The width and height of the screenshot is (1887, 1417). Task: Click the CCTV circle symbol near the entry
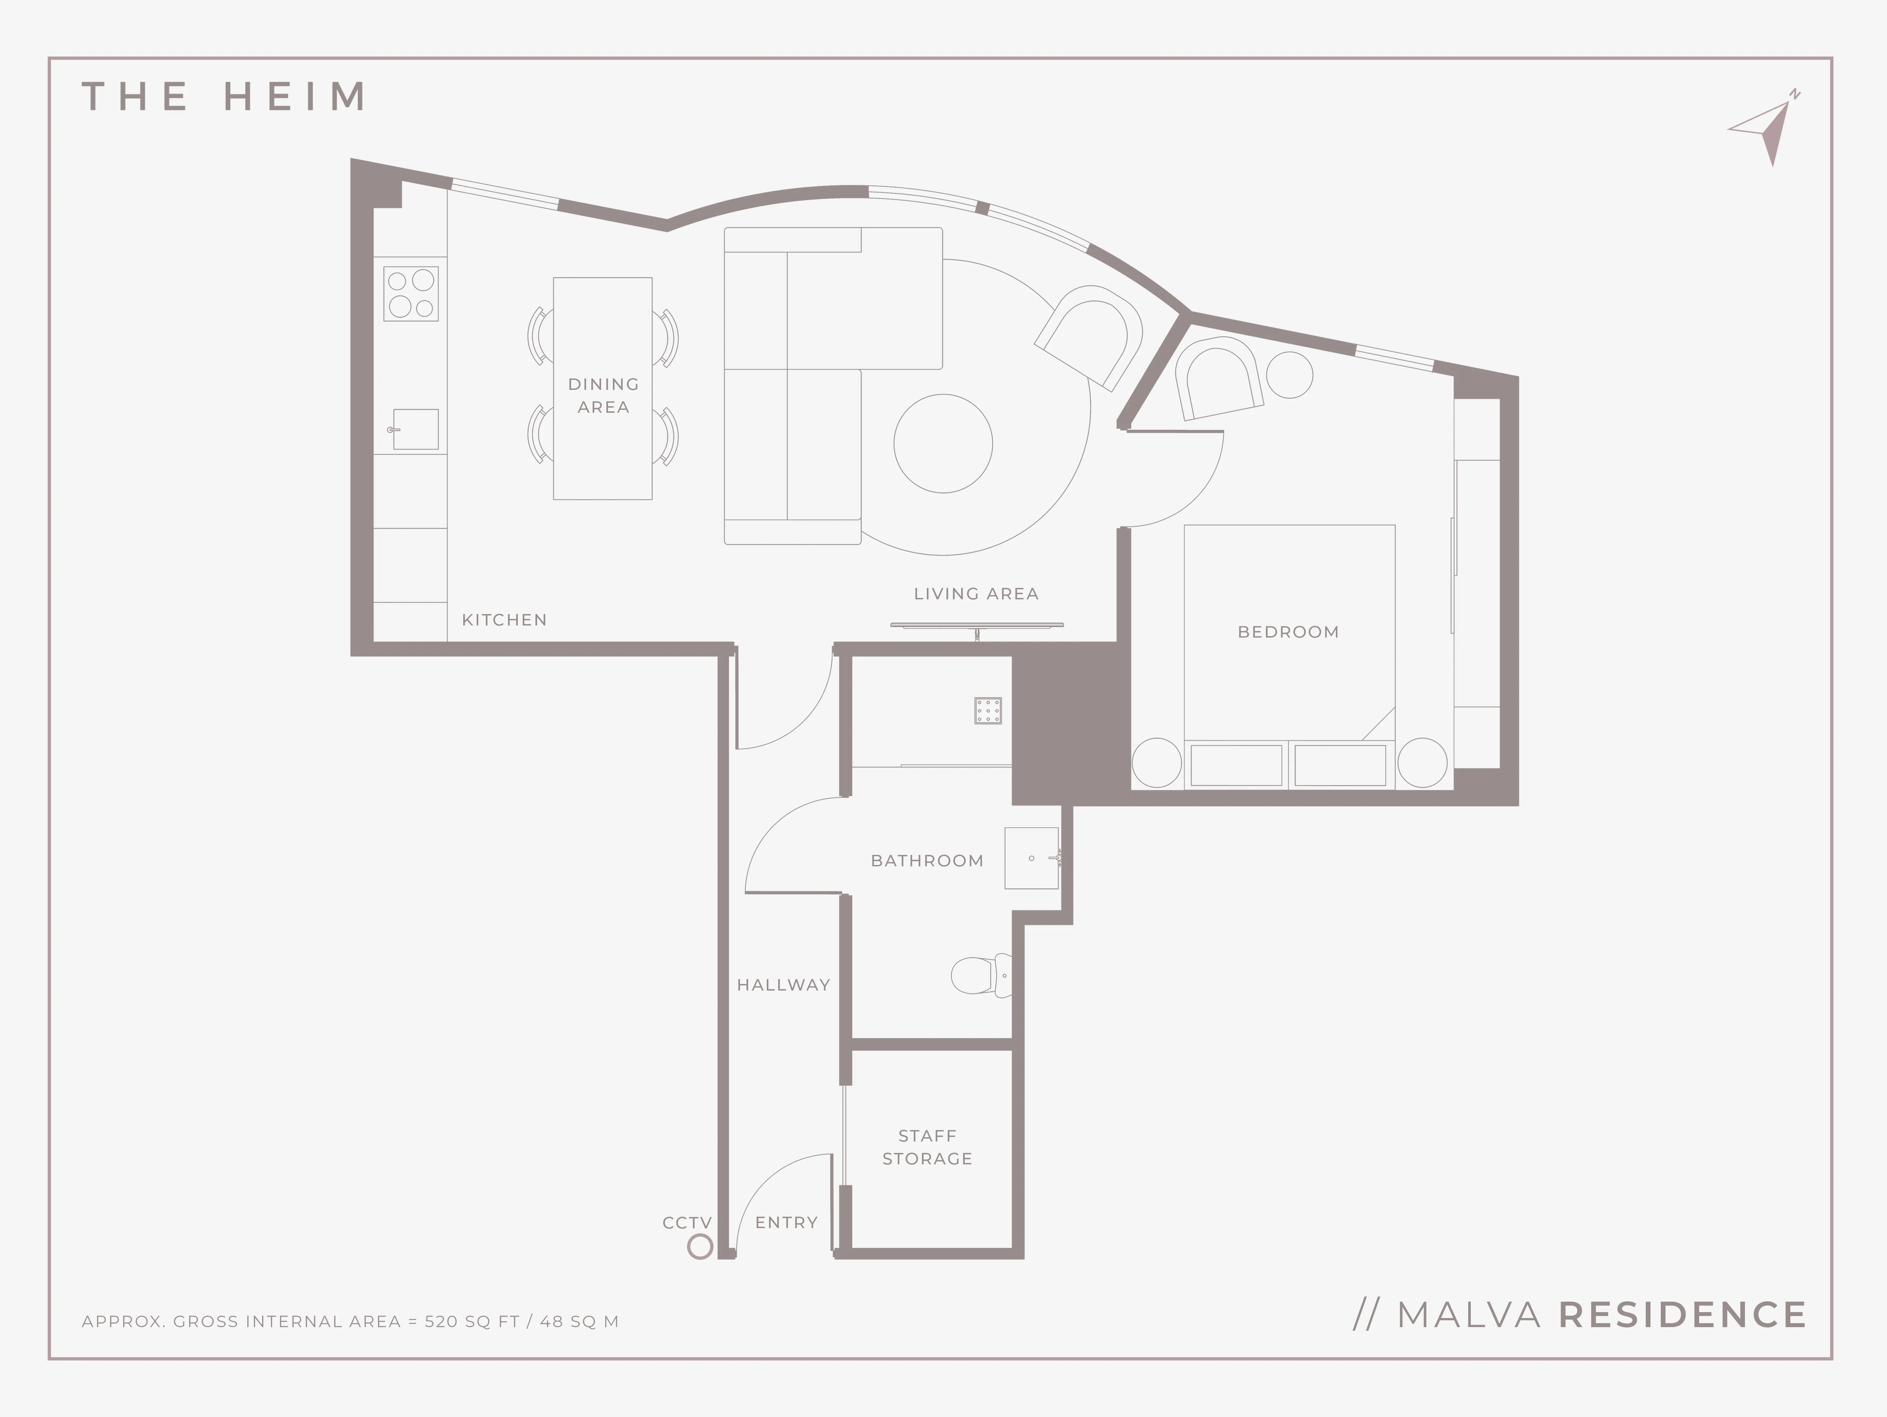pos(699,1247)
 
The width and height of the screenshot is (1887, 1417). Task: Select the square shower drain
pos(988,711)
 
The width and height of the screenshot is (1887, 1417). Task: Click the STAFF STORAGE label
pos(927,1147)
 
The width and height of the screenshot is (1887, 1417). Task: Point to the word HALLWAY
pos(783,985)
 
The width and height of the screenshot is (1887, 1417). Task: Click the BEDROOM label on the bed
pos(1288,632)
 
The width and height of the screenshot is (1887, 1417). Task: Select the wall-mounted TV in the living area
pos(977,626)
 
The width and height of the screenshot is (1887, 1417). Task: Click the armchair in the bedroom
pos(1218,378)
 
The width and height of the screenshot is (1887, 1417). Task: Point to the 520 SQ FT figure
pos(472,1322)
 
